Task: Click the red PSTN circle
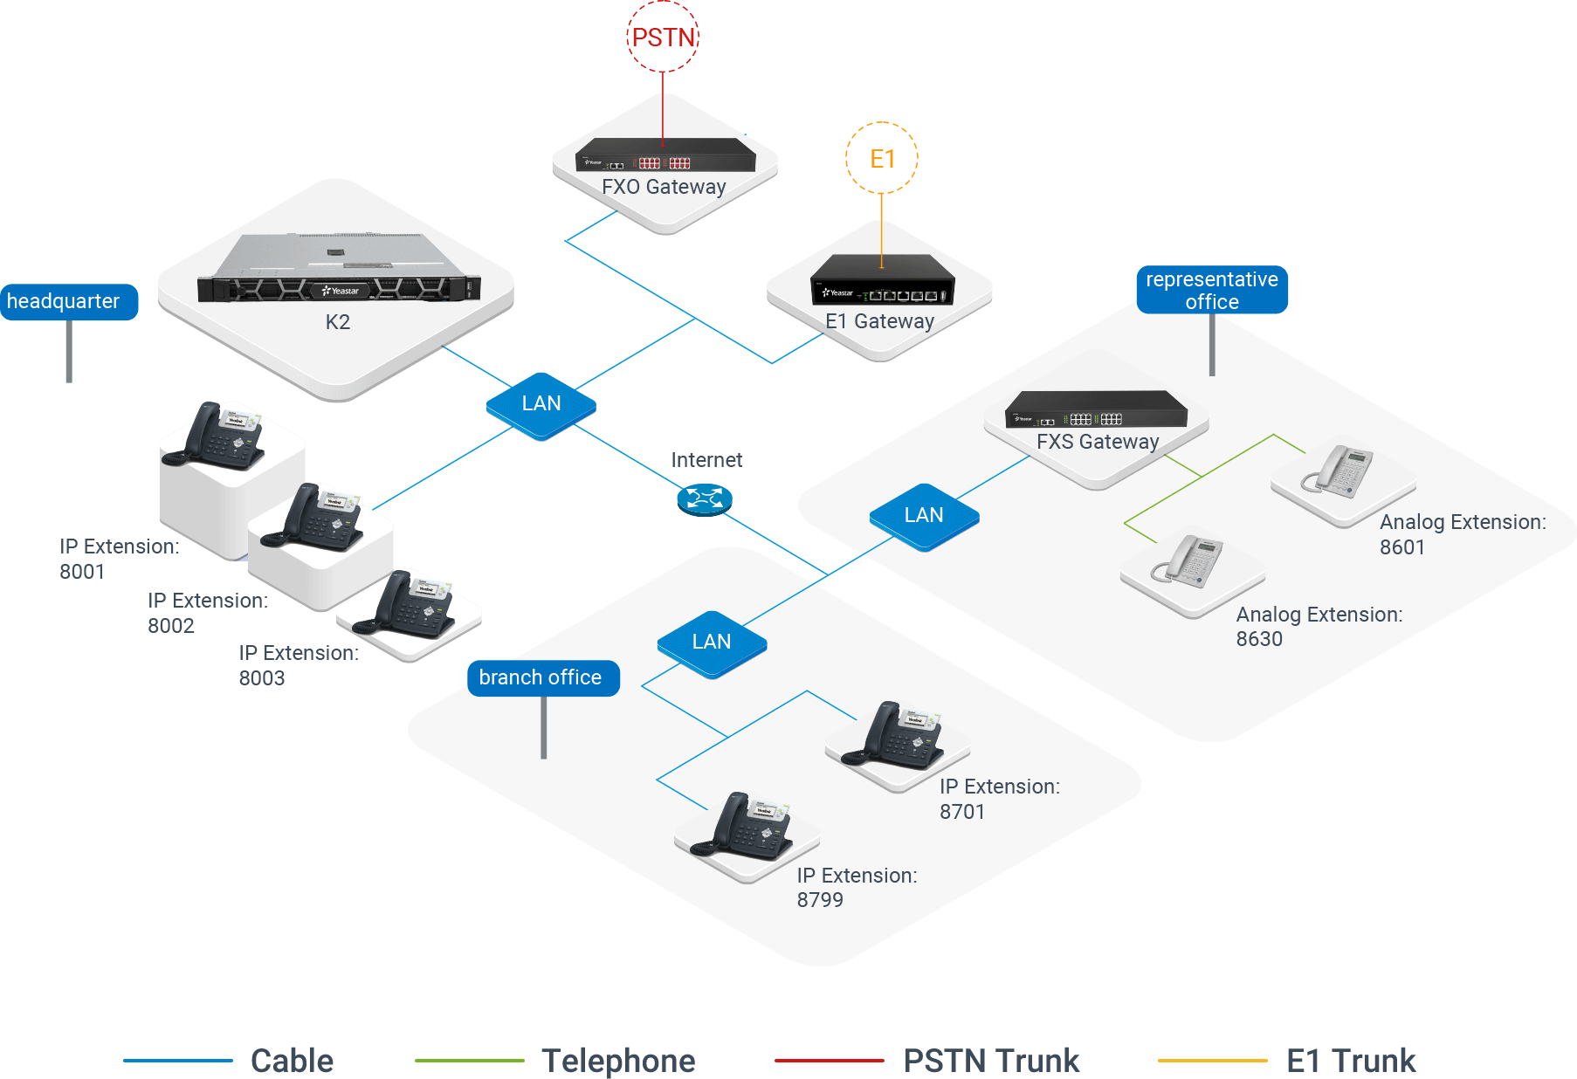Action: tap(663, 37)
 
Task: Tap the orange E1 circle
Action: tap(882, 158)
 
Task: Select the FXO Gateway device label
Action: tap(664, 187)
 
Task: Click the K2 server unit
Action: tap(339, 271)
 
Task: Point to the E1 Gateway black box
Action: tap(882, 281)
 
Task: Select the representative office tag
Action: tap(1211, 290)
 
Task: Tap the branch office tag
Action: tap(542, 678)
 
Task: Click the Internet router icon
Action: tap(704, 499)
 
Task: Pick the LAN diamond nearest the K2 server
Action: tap(541, 405)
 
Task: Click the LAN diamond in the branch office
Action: tap(712, 643)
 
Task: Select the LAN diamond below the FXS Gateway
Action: tap(924, 517)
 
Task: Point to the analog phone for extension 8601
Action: tap(1340, 472)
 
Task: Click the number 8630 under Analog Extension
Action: tap(1259, 639)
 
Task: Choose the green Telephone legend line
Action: tap(469, 1061)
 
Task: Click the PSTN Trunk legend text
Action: tap(991, 1061)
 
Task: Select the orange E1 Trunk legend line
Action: tap(1212, 1061)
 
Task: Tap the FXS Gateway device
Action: tap(1097, 409)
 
